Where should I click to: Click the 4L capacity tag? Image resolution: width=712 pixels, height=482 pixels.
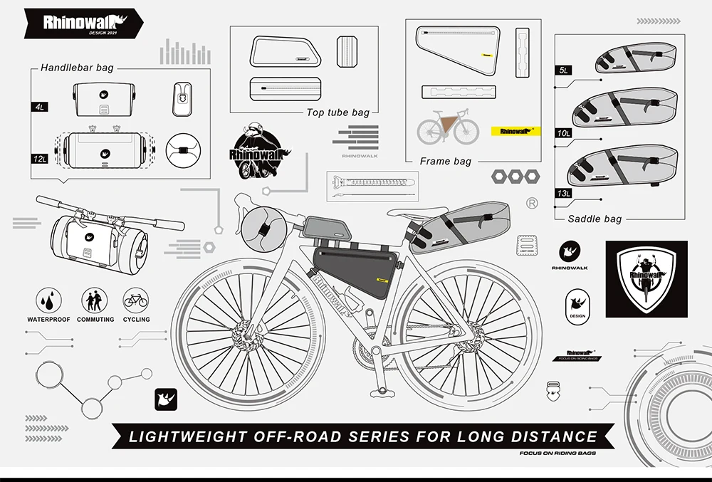40,107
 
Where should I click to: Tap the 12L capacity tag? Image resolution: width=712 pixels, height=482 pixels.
40,158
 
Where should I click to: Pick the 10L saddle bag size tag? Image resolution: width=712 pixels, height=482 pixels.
563,132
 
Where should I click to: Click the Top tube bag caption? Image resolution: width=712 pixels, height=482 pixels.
338,112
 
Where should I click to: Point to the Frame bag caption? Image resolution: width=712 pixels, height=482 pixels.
445,162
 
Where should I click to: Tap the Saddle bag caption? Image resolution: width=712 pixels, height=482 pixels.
595,219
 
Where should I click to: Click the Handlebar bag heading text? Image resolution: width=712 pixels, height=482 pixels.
77,68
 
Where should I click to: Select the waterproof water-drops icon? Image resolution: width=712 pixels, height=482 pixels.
48,299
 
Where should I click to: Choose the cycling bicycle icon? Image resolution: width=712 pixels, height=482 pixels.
135,299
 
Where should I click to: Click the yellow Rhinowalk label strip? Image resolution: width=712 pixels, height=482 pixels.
516,132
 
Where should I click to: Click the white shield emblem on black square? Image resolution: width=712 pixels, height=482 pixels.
646,278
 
